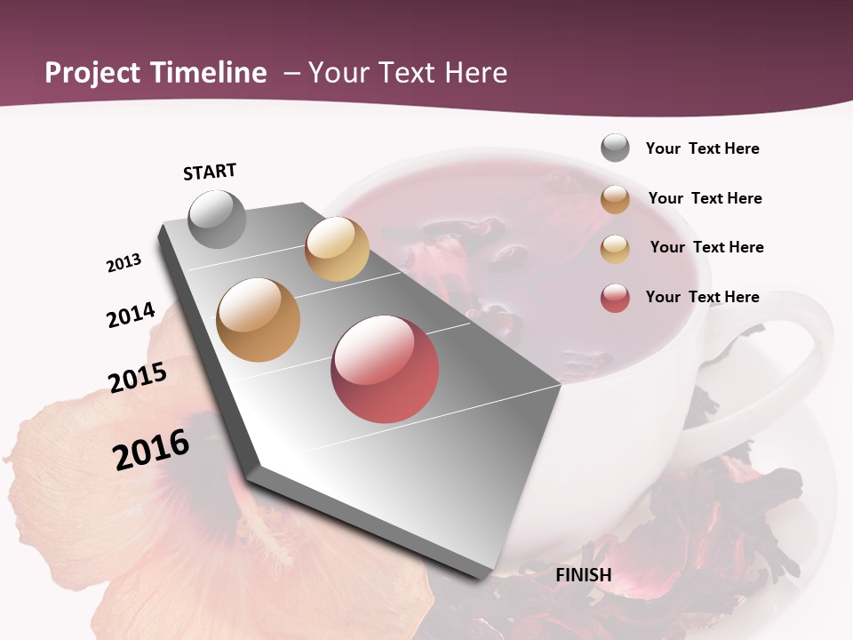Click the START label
210,172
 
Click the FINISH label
583,575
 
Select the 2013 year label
124,263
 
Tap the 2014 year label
131,315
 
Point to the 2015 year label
138,378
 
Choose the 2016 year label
151,450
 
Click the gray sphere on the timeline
218,219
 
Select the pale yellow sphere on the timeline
337,249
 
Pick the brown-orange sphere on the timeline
259,320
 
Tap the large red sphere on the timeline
385,369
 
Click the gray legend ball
615,148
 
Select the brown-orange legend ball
615,199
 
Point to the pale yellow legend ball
615,249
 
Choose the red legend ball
615,298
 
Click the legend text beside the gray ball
702,148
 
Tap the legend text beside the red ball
702,297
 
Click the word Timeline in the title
209,73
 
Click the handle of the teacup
804,356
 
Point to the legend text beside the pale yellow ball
706,247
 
